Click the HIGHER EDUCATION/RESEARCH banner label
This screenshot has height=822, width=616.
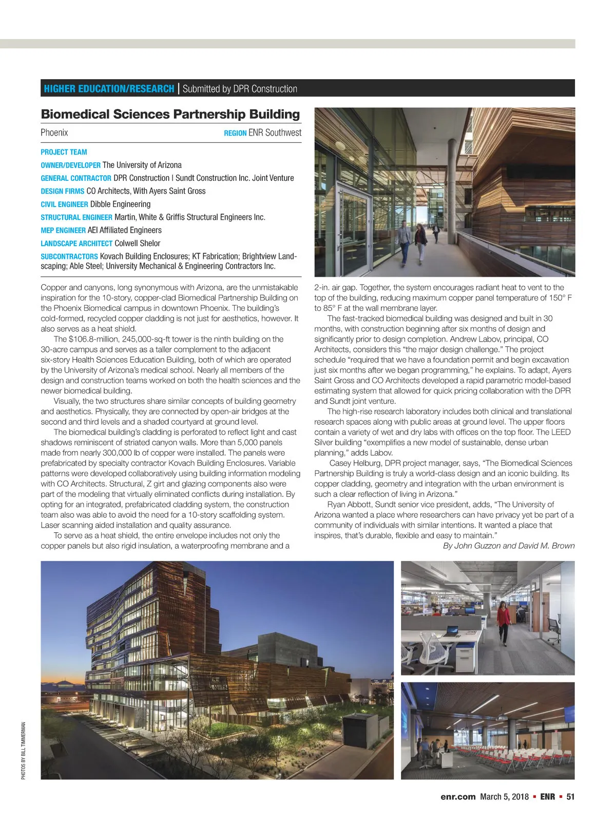(109, 88)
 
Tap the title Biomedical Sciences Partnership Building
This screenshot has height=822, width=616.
(170, 114)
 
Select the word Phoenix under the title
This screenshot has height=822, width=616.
(54, 133)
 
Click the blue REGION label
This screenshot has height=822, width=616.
(235, 133)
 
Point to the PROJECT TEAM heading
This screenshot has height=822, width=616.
(64, 152)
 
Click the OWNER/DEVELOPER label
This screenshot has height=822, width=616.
(70, 165)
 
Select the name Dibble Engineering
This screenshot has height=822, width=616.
(120, 204)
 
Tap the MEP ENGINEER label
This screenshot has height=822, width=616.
(63, 231)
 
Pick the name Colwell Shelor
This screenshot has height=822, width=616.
(137, 244)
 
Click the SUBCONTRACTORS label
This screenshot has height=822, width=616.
(69, 256)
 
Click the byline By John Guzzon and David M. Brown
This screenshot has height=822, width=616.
(508, 546)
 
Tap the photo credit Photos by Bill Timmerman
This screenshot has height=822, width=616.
(24, 751)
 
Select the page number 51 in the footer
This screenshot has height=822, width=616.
(570, 797)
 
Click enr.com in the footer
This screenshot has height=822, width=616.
(458, 797)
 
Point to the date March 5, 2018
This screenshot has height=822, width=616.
(504, 797)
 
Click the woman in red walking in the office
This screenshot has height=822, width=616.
(504, 622)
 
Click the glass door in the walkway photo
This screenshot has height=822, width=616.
(352, 231)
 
